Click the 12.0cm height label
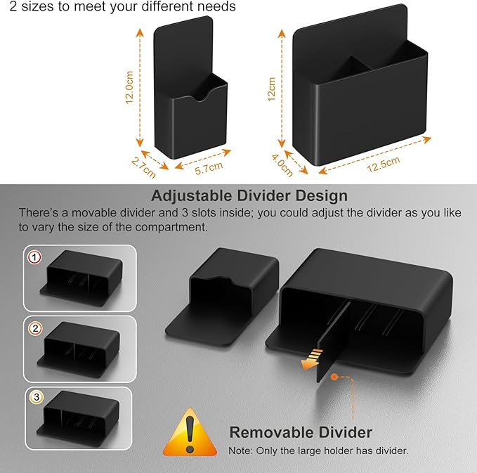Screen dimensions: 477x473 click(129, 87)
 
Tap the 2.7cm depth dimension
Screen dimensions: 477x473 click(143, 168)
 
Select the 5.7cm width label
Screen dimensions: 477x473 click(209, 168)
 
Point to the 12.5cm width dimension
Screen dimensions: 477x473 click(384, 164)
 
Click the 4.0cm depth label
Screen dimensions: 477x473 click(282, 166)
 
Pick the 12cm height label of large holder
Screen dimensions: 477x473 click(271, 89)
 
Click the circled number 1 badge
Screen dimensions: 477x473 click(34, 257)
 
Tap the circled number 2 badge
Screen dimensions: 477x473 click(35, 329)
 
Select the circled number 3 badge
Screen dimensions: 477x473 click(37, 397)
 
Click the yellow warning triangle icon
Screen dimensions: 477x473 click(190, 434)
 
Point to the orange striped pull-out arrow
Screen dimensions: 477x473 click(311, 359)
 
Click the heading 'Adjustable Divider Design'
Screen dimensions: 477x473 click(249, 195)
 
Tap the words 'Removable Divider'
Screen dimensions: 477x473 click(301, 432)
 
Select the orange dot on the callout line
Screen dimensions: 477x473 click(334, 377)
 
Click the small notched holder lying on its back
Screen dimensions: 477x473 click(222, 296)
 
